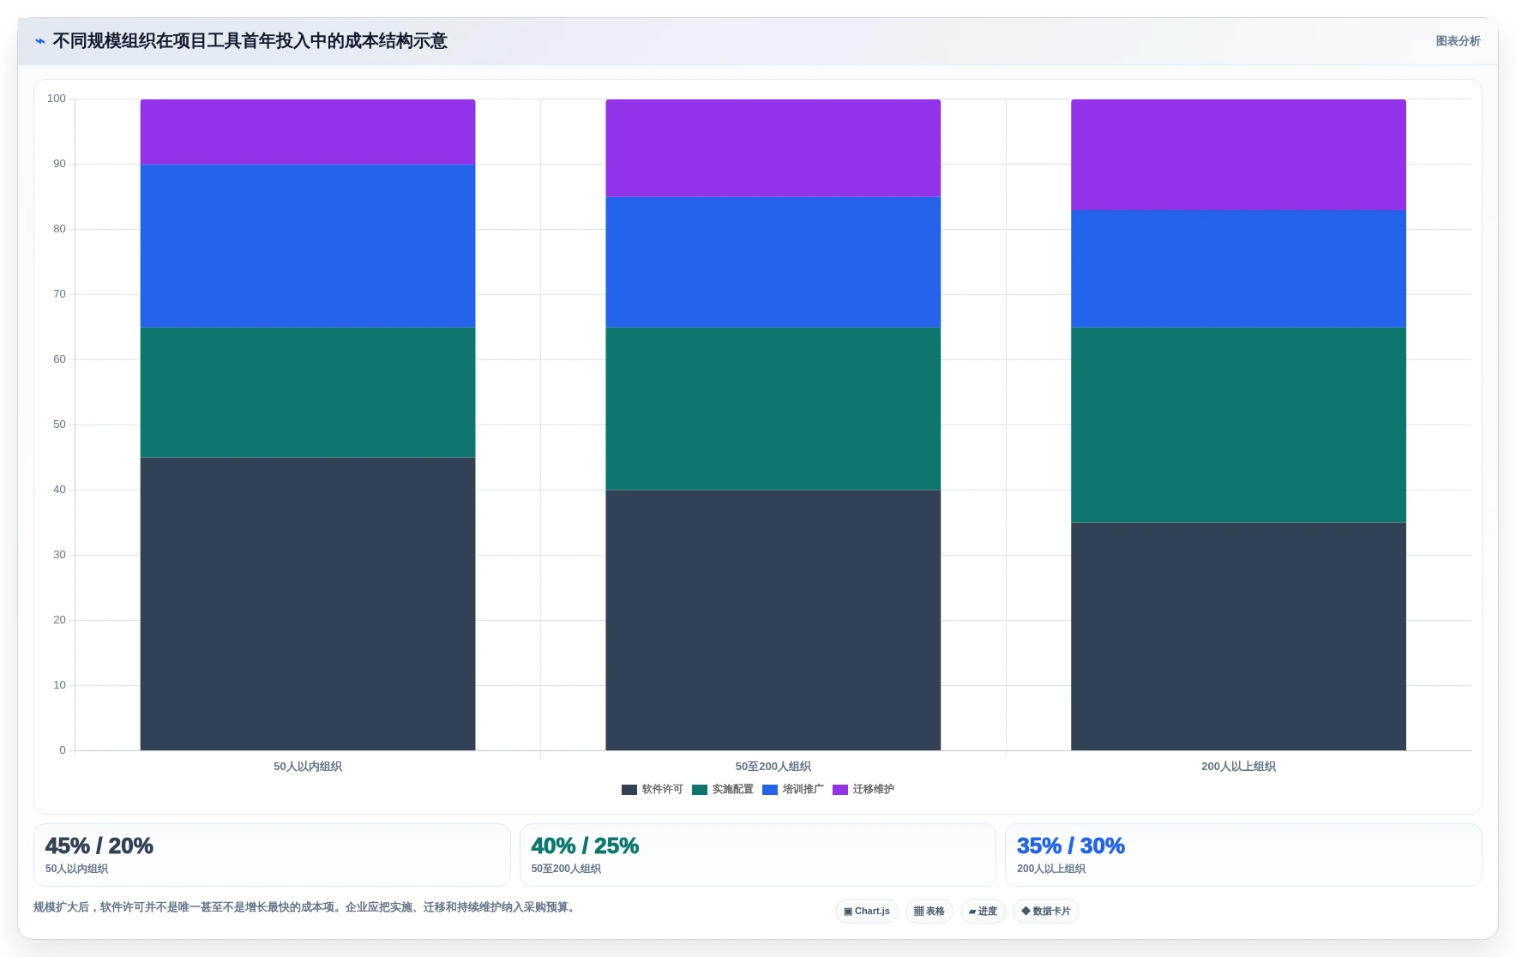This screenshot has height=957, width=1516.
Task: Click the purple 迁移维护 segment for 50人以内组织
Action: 308,131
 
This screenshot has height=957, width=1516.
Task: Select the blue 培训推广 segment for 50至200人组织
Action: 773,262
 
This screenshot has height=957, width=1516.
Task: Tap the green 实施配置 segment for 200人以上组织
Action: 1238,424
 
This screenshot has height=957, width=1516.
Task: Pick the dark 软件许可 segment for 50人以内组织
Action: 308,604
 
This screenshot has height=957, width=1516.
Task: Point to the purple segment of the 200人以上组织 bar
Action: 1238,154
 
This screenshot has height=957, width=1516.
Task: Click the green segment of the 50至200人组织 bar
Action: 773,408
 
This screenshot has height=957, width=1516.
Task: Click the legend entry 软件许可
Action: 653,789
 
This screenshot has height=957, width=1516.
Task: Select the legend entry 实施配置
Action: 723,789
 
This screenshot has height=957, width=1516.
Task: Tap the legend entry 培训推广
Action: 793,789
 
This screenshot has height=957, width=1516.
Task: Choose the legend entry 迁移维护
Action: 863,789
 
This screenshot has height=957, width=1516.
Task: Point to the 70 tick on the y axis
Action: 59,294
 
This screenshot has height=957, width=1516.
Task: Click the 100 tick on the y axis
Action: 57,99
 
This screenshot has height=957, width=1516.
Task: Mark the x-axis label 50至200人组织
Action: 773,767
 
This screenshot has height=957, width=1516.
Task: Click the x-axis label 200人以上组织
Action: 1238,767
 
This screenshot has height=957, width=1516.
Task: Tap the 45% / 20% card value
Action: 99,846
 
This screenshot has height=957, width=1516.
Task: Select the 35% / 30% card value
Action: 1071,846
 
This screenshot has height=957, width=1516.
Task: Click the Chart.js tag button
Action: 867,911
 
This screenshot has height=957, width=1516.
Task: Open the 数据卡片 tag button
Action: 1046,911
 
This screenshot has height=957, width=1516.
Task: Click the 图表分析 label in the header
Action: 1458,41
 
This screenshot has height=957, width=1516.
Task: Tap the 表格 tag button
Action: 929,911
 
